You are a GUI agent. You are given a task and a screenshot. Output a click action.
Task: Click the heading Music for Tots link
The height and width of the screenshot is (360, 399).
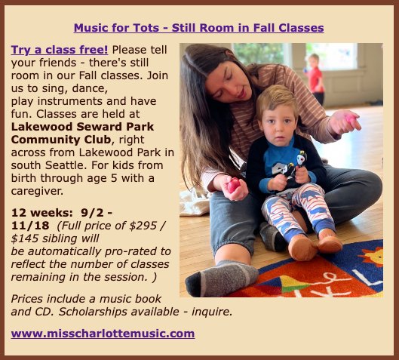pos(198,28)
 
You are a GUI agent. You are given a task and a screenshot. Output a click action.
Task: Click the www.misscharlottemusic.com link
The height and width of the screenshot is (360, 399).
pos(103,333)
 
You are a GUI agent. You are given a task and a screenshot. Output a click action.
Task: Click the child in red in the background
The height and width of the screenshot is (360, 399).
pos(315,75)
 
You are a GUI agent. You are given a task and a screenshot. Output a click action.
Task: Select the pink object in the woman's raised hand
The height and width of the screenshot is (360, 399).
pos(352,118)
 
